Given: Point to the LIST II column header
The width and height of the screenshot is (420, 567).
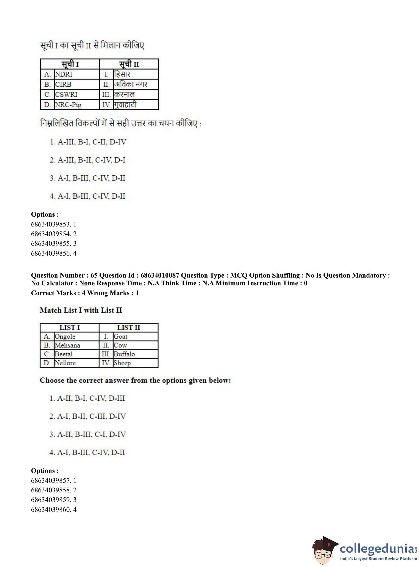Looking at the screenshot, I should (x=128, y=327).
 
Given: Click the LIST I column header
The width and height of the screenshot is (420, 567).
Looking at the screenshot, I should (x=69, y=327).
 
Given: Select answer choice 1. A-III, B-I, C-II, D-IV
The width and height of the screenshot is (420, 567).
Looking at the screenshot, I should (x=88, y=142).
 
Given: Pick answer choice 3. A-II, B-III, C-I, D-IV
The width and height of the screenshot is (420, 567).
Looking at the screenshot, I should (x=87, y=434).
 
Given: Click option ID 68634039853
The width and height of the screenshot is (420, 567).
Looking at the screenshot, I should (x=50, y=224).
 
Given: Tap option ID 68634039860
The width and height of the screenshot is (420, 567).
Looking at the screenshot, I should (x=50, y=510).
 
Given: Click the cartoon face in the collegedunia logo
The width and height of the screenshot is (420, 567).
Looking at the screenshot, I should (x=324, y=551).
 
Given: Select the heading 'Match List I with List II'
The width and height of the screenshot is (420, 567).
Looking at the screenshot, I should (x=81, y=310).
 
